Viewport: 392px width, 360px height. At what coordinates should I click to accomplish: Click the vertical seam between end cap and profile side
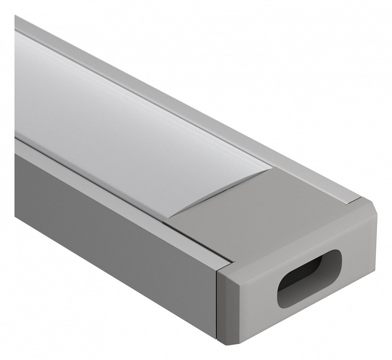pos(216,300)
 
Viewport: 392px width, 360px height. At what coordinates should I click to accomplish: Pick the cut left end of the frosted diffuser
pos(16,85)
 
